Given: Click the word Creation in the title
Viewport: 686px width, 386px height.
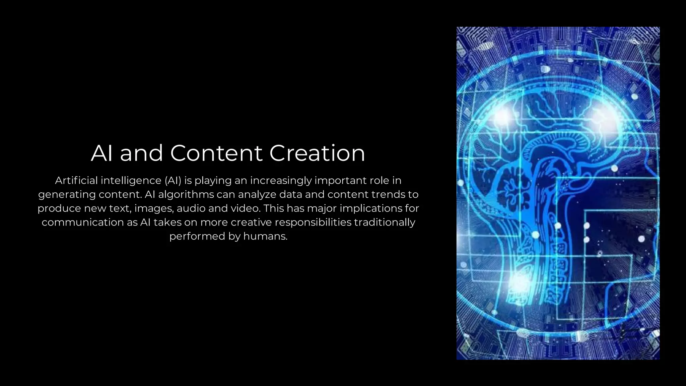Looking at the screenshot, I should pyautogui.click(x=317, y=153).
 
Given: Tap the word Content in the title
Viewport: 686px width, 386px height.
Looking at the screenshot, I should pyautogui.click(x=216, y=153).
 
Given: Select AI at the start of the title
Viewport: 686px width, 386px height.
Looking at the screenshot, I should pyautogui.click(x=101, y=153).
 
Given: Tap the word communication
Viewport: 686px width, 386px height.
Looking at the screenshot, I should pyautogui.click(x=83, y=222).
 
